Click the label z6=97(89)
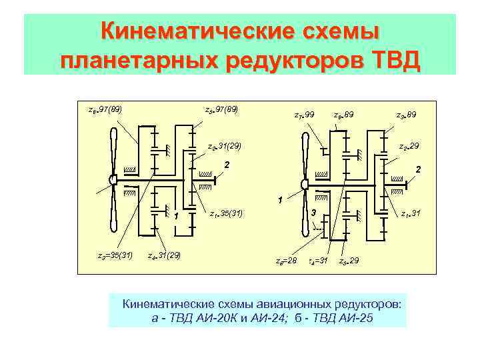tap(104, 108)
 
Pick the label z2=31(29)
tap(224, 145)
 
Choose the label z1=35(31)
tap(226, 213)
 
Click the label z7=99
tap(304, 115)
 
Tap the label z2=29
tap(409, 145)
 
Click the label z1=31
tap(410, 213)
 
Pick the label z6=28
tap(287, 260)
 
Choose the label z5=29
tap(349, 260)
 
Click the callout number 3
tap(314, 212)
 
